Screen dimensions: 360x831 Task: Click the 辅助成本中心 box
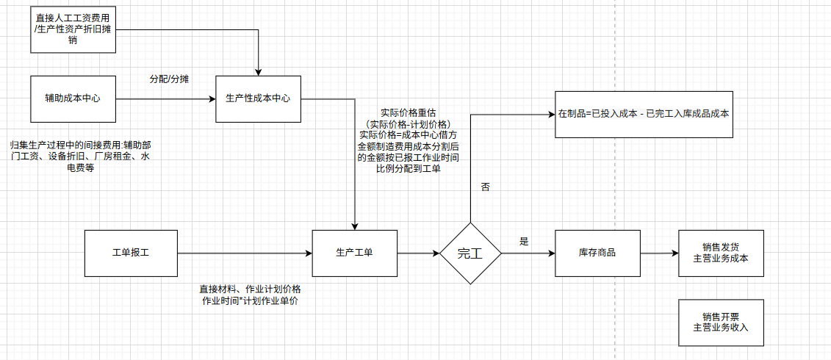click(73, 98)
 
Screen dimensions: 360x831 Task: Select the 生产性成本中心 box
click(258, 98)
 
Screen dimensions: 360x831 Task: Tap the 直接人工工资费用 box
click(73, 30)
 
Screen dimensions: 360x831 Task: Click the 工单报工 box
click(131, 253)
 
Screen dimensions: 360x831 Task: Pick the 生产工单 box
click(354, 253)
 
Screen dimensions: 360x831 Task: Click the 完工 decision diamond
click(470, 253)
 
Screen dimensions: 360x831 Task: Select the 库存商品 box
click(597, 253)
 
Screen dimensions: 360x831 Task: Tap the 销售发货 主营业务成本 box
click(721, 253)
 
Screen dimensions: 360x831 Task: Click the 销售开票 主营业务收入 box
click(721, 323)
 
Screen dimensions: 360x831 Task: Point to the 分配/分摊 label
click(168, 79)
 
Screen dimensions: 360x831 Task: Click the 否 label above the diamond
click(485, 187)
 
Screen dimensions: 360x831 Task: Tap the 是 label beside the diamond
click(524, 241)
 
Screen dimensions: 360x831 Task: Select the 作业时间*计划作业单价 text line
click(249, 301)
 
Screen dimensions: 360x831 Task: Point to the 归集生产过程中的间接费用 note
click(81, 156)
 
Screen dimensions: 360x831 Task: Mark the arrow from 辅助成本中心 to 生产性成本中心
click(165, 98)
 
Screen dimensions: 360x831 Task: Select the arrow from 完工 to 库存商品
click(528, 253)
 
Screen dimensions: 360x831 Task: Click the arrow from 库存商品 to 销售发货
click(659, 253)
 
